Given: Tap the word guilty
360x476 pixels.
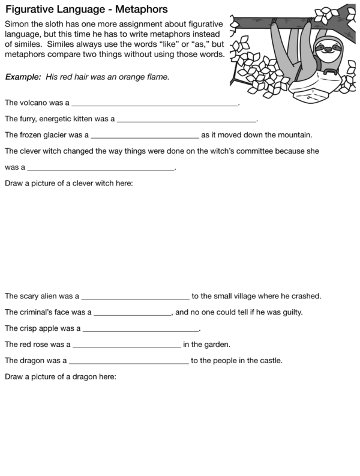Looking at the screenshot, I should coord(287,312).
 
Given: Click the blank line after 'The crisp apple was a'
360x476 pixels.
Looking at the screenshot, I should coord(140,330).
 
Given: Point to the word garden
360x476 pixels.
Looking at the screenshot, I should coord(217,345).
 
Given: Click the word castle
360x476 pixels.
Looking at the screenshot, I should coord(268,361).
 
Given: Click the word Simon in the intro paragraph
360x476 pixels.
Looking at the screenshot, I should coord(16,23).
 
